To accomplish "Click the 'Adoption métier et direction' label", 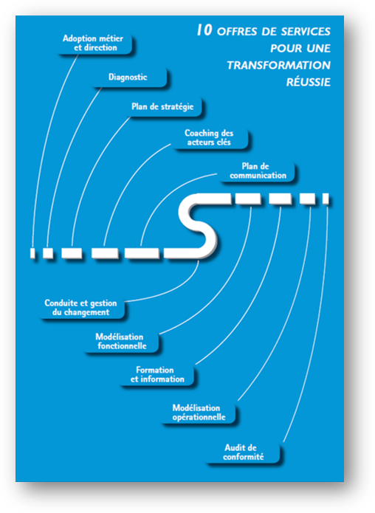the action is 93,44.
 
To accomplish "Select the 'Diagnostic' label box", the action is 128,78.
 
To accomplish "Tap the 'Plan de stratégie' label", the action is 162,106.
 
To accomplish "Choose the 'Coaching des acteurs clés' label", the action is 209,138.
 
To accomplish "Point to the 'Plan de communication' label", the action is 258,171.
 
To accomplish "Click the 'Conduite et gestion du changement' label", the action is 80,308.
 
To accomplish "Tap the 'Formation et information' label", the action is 157,375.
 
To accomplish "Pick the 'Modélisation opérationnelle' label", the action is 199,413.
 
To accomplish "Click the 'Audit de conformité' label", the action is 244,452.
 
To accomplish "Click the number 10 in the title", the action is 204,30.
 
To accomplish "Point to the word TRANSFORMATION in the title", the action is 279,66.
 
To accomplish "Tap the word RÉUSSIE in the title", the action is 309,82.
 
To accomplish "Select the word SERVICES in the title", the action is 306,32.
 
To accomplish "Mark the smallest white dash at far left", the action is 32,253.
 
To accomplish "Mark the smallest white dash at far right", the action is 326,199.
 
